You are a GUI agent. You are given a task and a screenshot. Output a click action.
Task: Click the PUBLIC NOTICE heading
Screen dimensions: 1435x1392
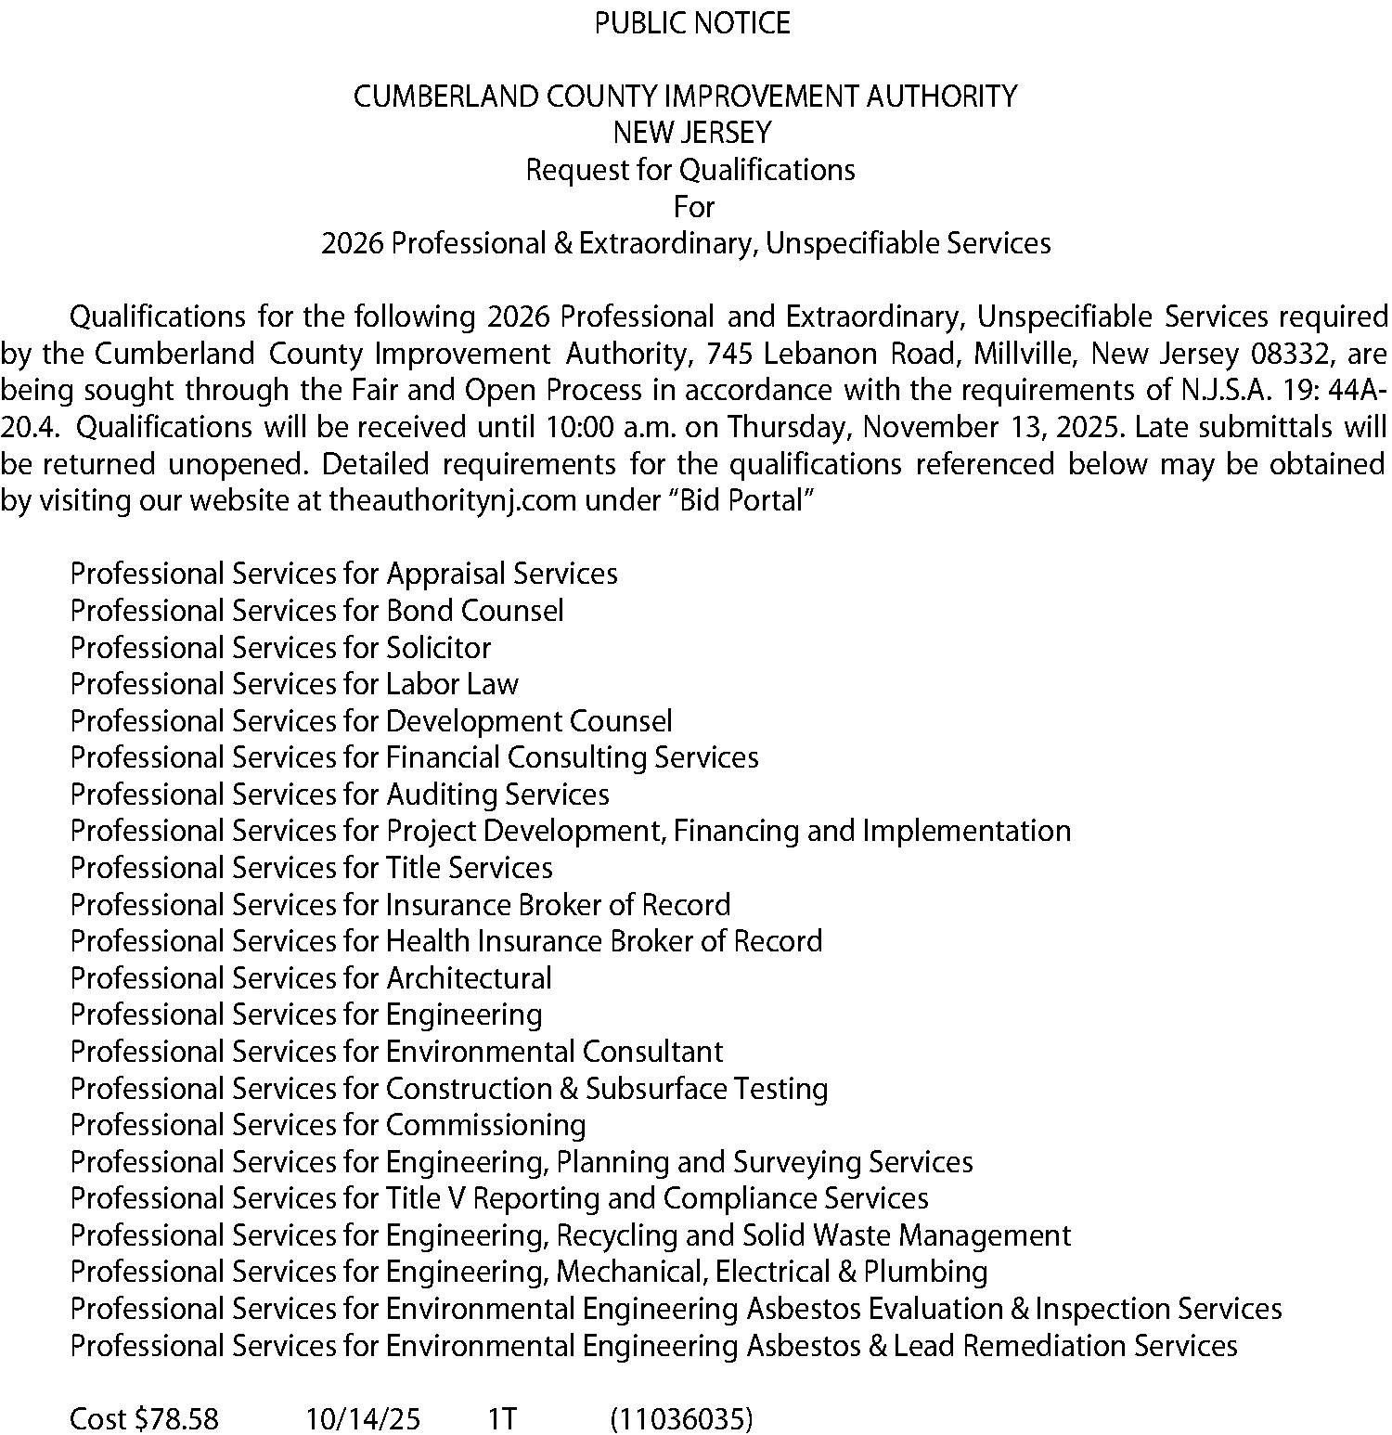coord(692,23)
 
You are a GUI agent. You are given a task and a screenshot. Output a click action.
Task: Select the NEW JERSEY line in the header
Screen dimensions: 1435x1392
coord(692,133)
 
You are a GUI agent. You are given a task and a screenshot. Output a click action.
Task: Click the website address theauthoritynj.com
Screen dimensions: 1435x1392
coord(453,501)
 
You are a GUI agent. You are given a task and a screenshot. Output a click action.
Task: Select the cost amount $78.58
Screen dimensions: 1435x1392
coord(176,1419)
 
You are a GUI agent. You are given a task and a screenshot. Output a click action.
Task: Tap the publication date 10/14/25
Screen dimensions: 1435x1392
coord(363,1419)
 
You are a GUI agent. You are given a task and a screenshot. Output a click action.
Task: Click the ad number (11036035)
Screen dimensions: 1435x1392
coord(681,1419)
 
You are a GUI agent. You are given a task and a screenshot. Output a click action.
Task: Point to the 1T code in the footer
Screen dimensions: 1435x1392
coord(502,1419)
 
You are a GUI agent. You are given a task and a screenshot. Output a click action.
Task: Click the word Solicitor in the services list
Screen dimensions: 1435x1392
coord(438,647)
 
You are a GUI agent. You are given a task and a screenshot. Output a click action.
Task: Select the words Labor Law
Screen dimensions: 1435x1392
coord(452,684)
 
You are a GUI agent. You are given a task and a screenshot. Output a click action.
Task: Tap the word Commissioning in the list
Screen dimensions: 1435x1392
coord(485,1125)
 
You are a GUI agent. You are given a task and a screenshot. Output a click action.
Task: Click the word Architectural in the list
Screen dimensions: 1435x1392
coord(469,978)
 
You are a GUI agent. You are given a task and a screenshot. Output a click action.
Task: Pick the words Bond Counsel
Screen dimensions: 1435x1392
coord(474,611)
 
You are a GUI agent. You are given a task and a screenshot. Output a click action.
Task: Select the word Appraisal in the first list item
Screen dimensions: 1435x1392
coord(445,574)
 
